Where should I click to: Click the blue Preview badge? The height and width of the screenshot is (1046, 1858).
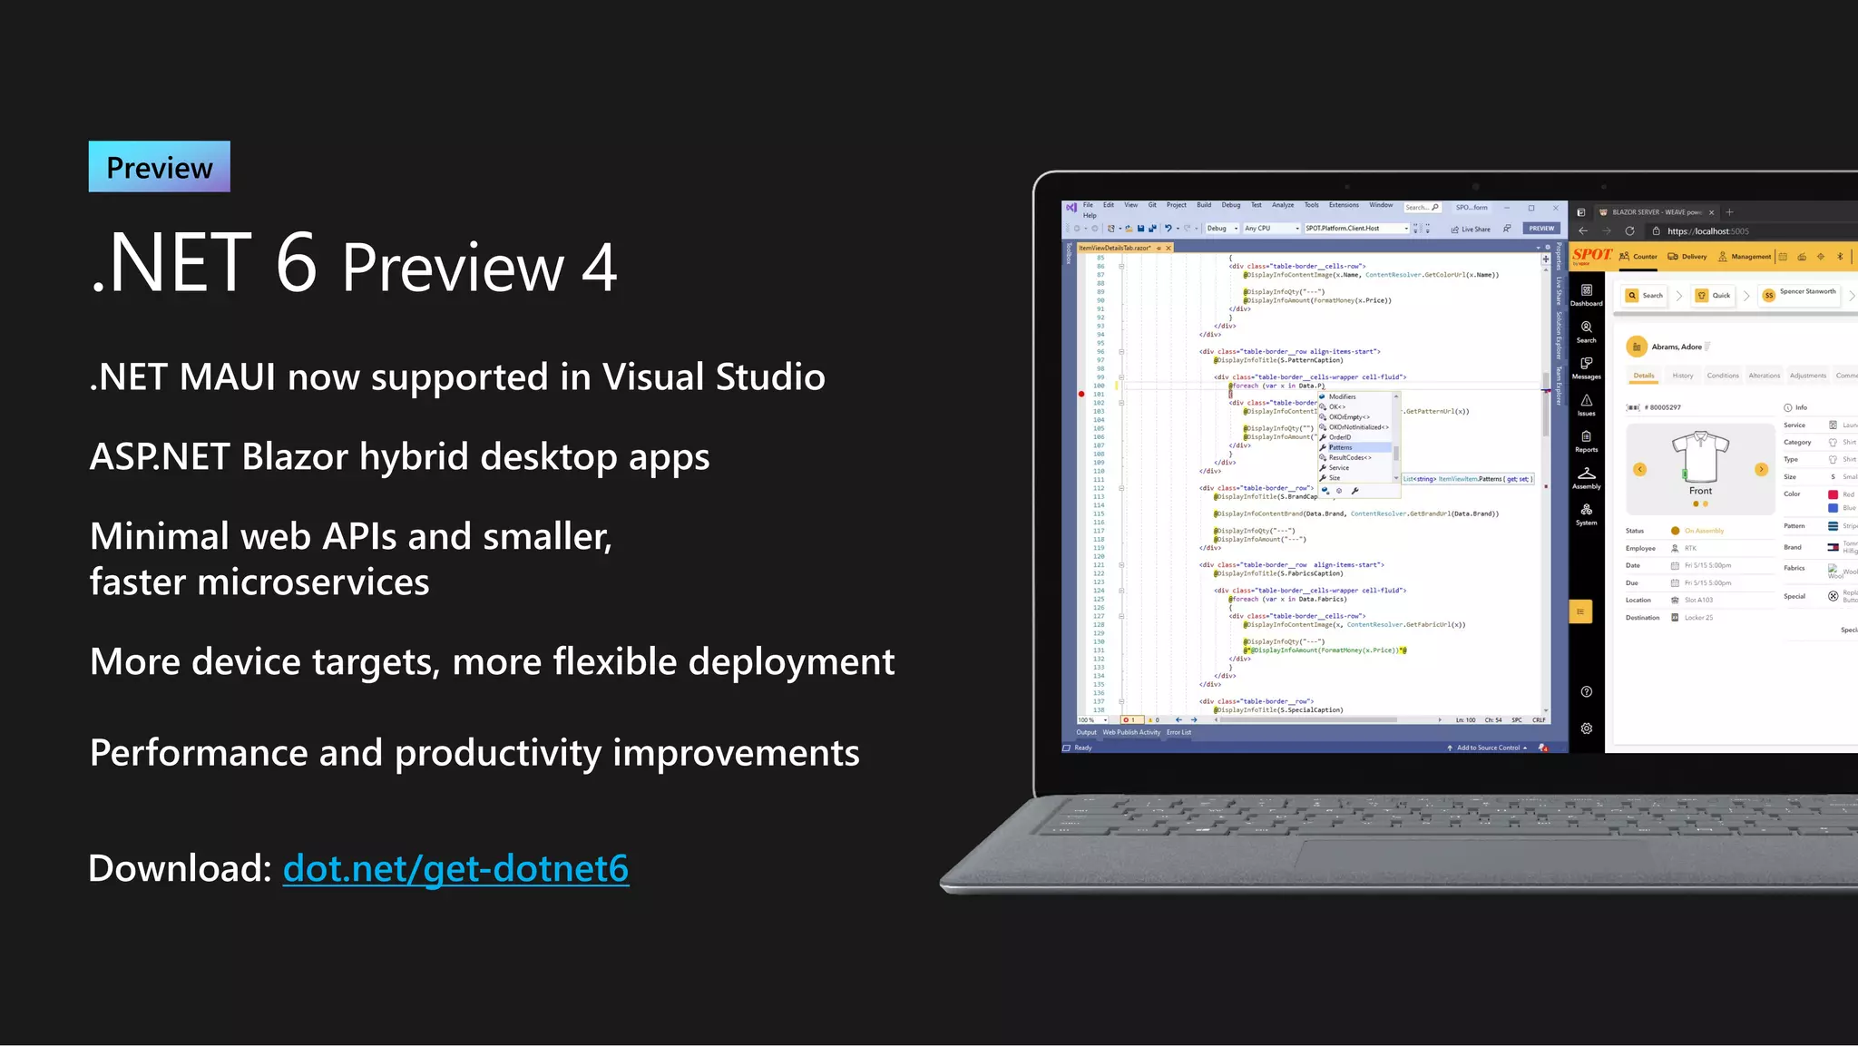point(160,167)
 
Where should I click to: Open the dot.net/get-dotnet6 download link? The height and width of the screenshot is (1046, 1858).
point(455,868)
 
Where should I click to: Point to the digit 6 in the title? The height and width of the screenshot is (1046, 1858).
point(296,263)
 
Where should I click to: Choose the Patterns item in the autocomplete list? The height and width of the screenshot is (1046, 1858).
point(1341,447)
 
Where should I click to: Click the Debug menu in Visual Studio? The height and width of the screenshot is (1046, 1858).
point(1230,205)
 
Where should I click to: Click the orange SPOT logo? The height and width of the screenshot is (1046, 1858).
point(1592,255)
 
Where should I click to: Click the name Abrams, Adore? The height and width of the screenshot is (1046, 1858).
point(1676,347)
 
